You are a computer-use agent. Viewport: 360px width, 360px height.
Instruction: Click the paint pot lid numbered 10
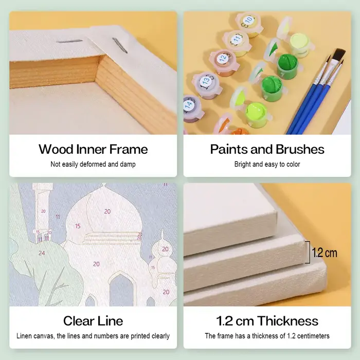(248, 20)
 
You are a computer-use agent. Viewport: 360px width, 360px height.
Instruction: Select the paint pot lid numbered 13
(206, 81)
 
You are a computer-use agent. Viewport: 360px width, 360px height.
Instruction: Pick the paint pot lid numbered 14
(189, 105)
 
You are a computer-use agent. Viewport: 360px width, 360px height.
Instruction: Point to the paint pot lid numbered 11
(237, 39)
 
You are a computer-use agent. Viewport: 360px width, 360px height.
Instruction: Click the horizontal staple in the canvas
(69, 41)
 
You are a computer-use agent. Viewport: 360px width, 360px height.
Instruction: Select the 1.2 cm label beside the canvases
(325, 253)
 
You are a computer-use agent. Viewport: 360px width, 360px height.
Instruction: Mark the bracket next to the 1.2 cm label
(309, 252)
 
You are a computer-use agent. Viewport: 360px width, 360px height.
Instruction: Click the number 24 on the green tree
(42, 253)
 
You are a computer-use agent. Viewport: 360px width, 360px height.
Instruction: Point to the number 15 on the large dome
(78, 226)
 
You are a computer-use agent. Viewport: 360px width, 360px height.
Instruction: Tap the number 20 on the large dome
(107, 211)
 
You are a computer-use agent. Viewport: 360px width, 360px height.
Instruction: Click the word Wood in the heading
(56, 149)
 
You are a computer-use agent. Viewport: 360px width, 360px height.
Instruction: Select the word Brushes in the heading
(300, 149)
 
